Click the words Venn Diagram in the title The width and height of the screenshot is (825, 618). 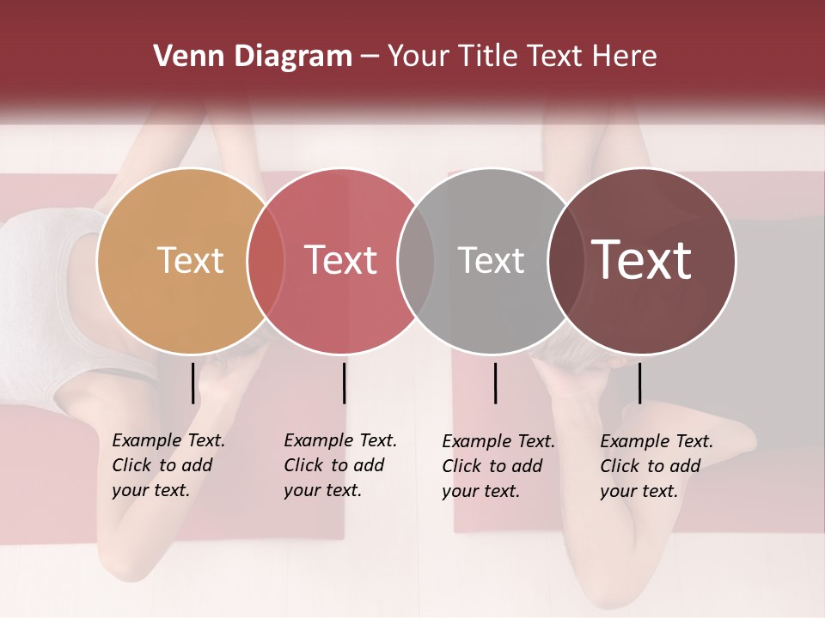[x=253, y=57]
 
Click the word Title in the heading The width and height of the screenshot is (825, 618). [x=486, y=57]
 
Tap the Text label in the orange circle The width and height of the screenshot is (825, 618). [x=190, y=260]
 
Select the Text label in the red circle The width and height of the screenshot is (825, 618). [x=340, y=260]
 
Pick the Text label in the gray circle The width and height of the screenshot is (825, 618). [x=491, y=260]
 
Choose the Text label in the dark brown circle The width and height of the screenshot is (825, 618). [x=642, y=259]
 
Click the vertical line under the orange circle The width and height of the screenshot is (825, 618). [x=192, y=383]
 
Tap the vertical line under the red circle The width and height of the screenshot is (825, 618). [x=344, y=383]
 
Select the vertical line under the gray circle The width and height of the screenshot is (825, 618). [x=495, y=383]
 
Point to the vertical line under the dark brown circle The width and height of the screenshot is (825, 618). [x=639, y=383]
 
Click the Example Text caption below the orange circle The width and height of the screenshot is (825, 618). [x=168, y=465]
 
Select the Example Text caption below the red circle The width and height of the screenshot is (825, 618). [x=340, y=465]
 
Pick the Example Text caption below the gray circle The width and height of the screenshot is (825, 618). [x=498, y=466]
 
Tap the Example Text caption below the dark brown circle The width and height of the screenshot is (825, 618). [x=657, y=466]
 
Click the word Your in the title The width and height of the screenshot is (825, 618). [x=419, y=57]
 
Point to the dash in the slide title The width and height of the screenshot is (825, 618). [x=370, y=58]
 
